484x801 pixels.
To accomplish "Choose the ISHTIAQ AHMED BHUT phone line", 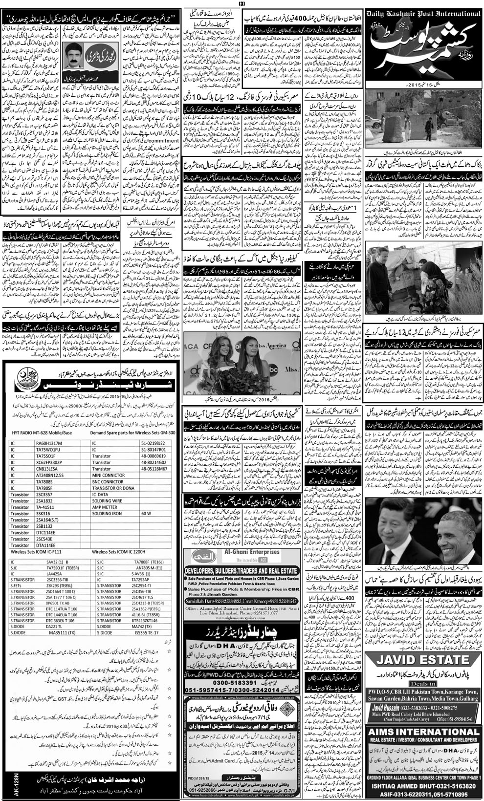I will pos(424,785).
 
